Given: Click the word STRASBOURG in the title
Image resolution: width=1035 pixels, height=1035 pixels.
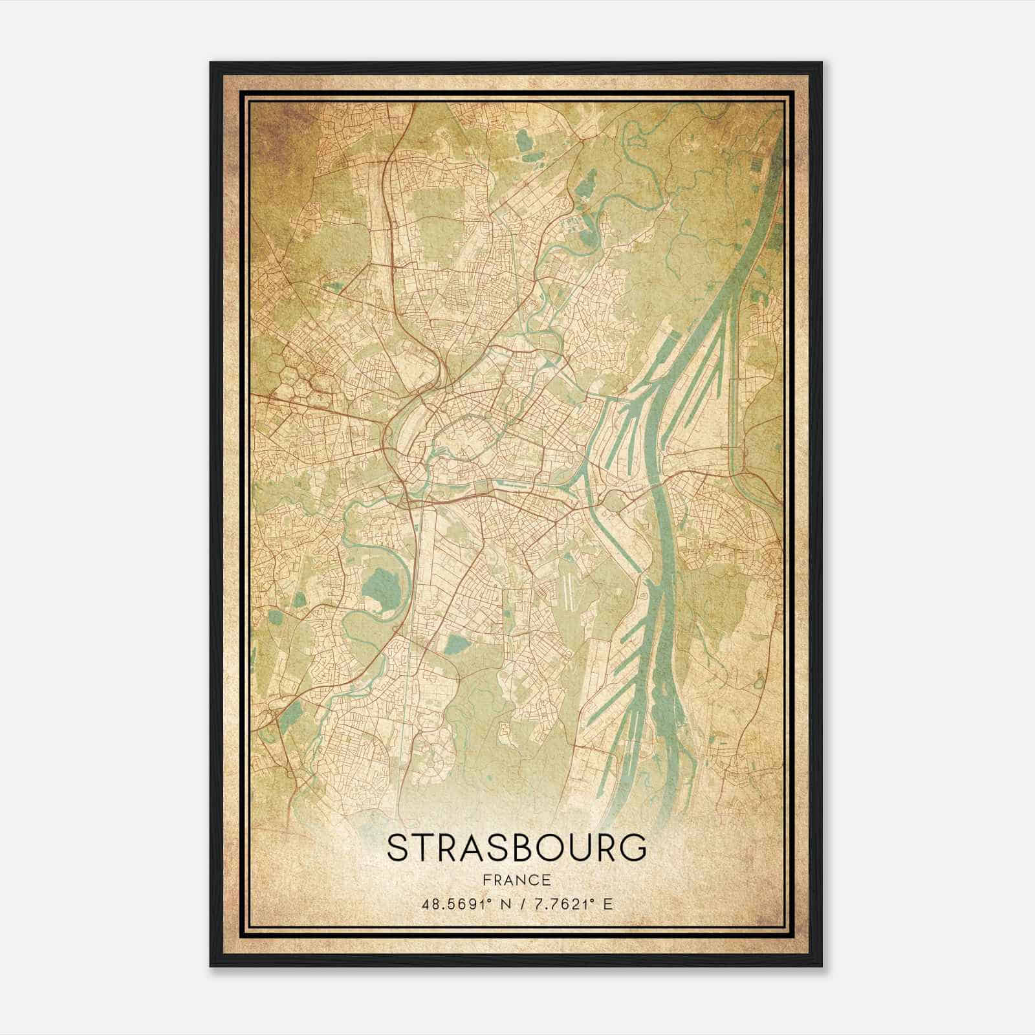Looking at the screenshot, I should coord(516,848).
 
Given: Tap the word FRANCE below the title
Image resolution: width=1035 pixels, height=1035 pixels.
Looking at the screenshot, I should coord(516,880).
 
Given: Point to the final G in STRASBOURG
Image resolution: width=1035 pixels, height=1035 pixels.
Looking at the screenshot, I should coord(633,848).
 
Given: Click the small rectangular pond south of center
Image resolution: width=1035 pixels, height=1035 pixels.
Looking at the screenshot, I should coord(458,644).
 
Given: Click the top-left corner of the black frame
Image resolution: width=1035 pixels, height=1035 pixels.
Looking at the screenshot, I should coord(211,63).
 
